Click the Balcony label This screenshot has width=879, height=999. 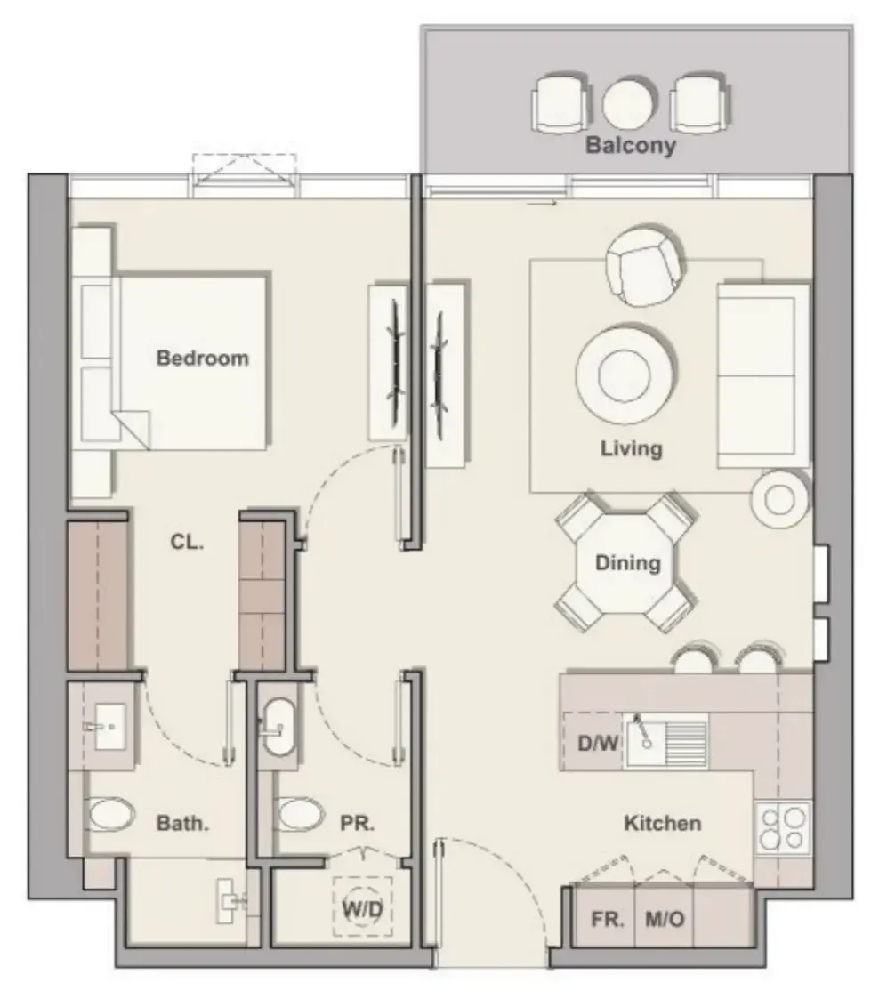(x=630, y=145)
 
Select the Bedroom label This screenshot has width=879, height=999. (x=202, y=359)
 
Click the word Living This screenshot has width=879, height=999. (x=631, y=447)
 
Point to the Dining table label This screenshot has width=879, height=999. (x=628, y=563)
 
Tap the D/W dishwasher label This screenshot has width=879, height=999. (x=597, y=742)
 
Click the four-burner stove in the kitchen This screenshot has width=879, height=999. (x=783, y=827)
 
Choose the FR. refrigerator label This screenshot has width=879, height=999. (x=609, y=919)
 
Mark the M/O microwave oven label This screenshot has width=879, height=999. (x=664, y=919)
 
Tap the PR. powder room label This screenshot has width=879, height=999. (x=358, y=824)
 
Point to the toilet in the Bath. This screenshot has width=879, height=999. (x=110, y=814)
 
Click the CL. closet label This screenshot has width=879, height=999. (x=187, y=541)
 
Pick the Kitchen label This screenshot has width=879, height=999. (x=662, y=824)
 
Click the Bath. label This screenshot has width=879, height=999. (x=182, y=824)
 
